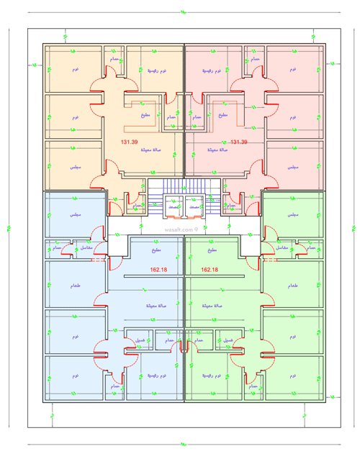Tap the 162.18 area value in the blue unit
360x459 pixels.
pos(158,270)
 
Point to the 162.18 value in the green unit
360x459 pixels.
pos(210,270)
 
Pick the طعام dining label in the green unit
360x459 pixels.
pos(293,286)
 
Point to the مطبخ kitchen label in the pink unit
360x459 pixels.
pos(222,115)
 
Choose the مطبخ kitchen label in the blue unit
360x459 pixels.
pos(157,250)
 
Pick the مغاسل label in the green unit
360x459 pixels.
pos(282,247)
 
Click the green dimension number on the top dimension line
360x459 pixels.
pos(181,12)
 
